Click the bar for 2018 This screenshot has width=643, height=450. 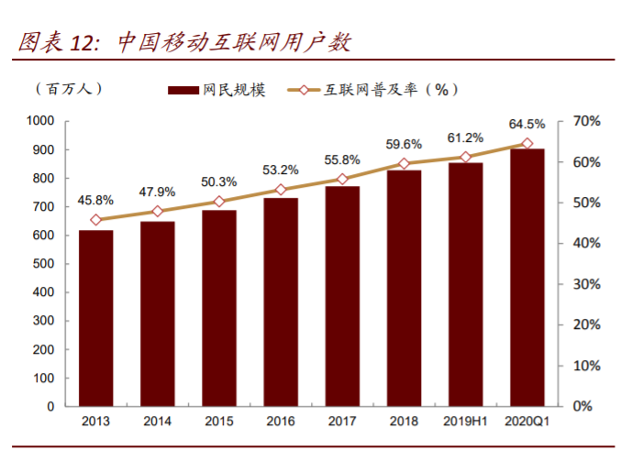404,288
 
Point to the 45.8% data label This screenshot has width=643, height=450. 95,200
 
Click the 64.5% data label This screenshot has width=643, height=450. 527,124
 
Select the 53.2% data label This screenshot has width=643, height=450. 281,170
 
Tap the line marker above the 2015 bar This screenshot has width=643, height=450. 218,202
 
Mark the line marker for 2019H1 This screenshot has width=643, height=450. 465,157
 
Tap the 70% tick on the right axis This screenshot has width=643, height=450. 585,121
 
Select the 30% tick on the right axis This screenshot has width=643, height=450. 585,284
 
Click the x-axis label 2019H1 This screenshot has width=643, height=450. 465,422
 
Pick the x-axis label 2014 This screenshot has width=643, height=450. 157,422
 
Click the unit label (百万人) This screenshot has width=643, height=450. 69,88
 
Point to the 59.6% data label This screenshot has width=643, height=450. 404,144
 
